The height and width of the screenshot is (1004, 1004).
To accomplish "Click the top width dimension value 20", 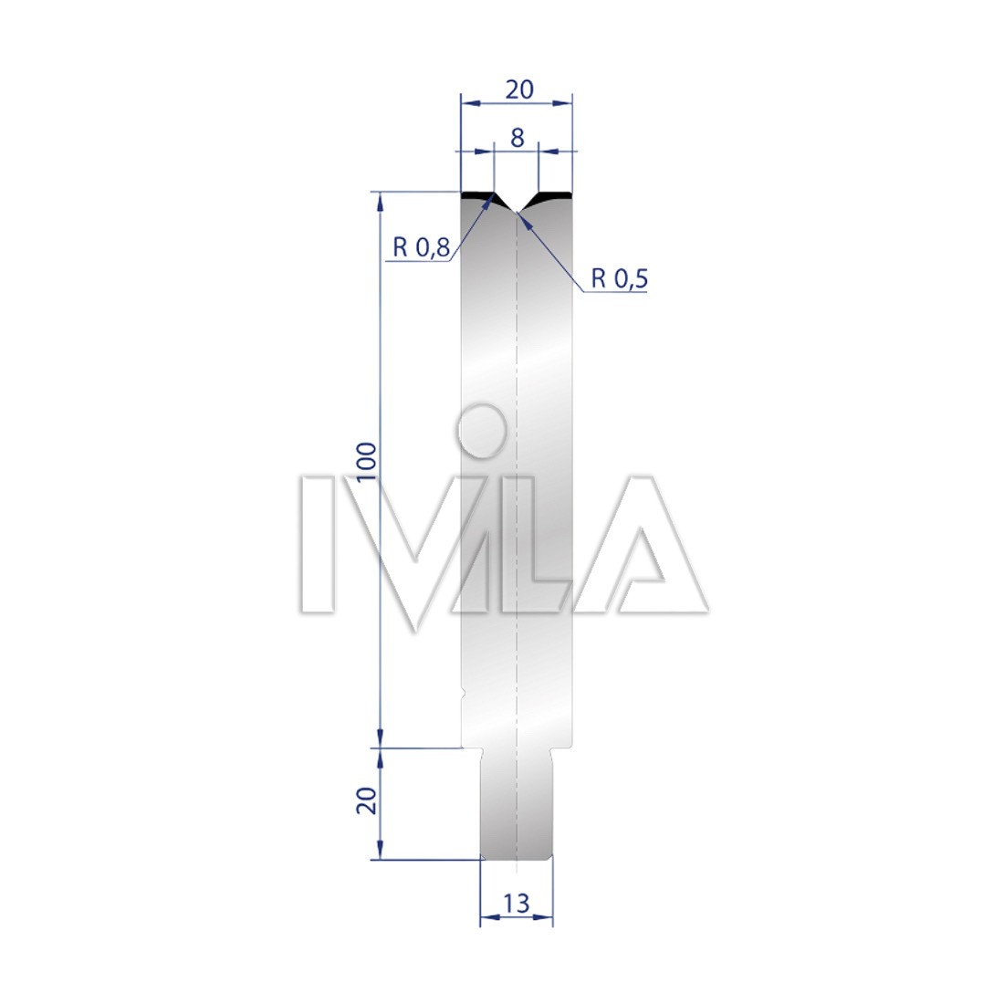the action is point(519,89).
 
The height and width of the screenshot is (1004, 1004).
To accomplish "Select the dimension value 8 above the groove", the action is point(518,138).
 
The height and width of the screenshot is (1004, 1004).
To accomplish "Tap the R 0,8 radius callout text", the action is point(422,246).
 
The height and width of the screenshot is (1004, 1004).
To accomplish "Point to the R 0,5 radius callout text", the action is point(619,278).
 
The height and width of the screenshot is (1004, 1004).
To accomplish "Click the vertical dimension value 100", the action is point(366,463).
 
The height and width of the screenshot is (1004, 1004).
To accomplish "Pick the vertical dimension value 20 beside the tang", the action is point(366,800).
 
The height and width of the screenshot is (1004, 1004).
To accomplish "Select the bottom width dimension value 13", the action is point(516,904).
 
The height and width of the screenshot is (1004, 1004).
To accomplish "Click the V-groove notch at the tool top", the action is point(517,204).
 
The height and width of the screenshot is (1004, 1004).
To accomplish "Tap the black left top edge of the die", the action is point(478,194).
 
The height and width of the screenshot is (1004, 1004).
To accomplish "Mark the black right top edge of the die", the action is point(555,194).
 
